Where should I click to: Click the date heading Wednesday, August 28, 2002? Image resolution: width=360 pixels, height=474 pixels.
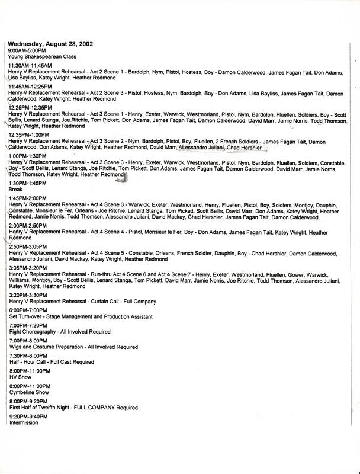point(50,44)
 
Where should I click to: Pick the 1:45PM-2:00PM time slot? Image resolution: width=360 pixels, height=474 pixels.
point(29,197)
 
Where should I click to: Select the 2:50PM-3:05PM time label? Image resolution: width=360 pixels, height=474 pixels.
point(29,246)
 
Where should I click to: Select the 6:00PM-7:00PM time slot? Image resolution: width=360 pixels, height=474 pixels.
point(29,310)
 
